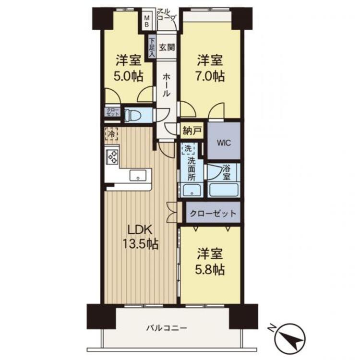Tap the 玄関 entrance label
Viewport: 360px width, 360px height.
(x=167, y=48)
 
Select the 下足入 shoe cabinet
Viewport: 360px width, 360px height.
(x=152, y=48)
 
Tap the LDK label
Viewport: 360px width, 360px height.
(x=140, y=230)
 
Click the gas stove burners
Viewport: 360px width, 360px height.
(x=112, y=156)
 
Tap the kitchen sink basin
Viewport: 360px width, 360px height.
(x=138, y=175)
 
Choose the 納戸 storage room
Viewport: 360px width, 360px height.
(x=192, y=131)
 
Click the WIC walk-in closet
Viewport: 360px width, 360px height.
(x=224, y=141)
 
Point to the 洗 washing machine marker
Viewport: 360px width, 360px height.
(x=188, y=148)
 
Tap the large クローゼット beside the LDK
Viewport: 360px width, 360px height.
(x=213, y=212)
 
